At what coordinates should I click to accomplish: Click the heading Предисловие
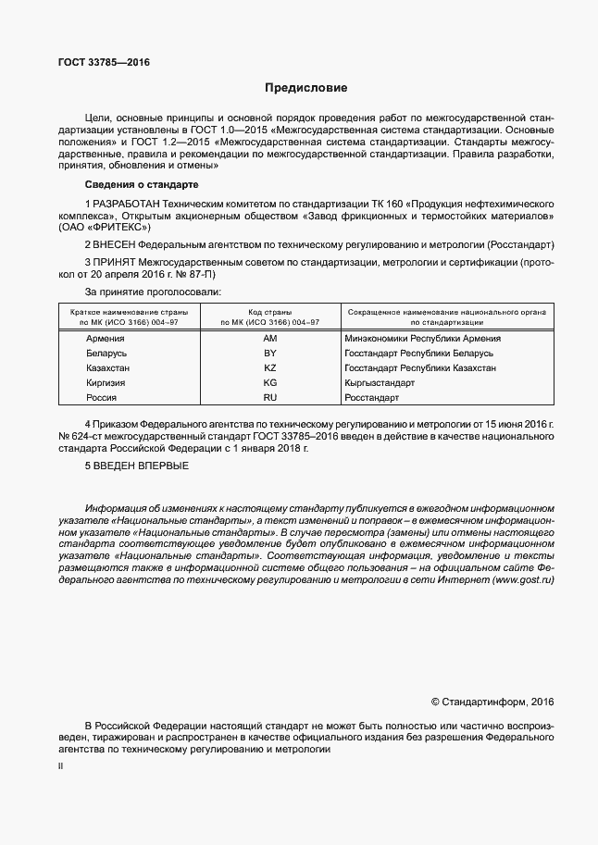305,89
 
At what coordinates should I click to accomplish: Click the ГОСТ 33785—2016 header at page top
104,63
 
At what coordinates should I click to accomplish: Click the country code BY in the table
270,354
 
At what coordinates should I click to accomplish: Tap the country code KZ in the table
270,368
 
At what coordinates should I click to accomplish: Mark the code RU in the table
270,398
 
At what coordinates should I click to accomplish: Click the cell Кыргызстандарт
380,383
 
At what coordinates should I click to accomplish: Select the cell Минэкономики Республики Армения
422,339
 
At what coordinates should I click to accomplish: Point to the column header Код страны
270,312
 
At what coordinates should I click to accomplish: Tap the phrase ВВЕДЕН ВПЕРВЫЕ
141,466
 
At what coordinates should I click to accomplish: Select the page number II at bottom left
60,767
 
